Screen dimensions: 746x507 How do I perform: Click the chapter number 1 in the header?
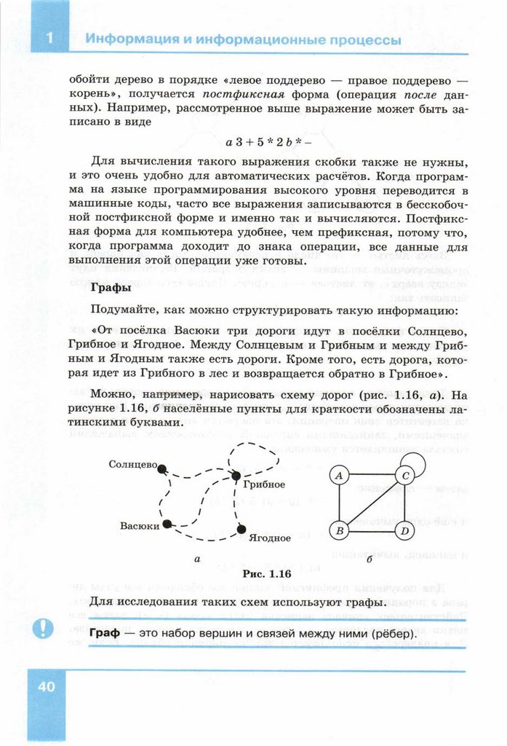(x=49, y=38)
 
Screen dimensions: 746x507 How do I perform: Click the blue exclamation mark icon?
(x=46, y=627)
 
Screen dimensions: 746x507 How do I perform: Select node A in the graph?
(x=338, y=475)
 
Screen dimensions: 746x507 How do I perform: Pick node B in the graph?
(x=338, y=530)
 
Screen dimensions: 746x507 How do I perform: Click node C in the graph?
(x=404, y=475)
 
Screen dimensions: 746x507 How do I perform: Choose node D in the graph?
(x=404, y=530)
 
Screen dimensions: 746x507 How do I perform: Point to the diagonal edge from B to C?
(x=371, y=503)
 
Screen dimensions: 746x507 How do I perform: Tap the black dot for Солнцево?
(x=162, y=468)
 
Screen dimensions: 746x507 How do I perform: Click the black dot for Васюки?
(x=167, y=524)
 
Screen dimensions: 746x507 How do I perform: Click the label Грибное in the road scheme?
(x=264, y=484)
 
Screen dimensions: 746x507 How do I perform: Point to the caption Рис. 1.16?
(x=266, y=574)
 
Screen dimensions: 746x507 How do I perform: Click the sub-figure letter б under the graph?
(x=370, y=560)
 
